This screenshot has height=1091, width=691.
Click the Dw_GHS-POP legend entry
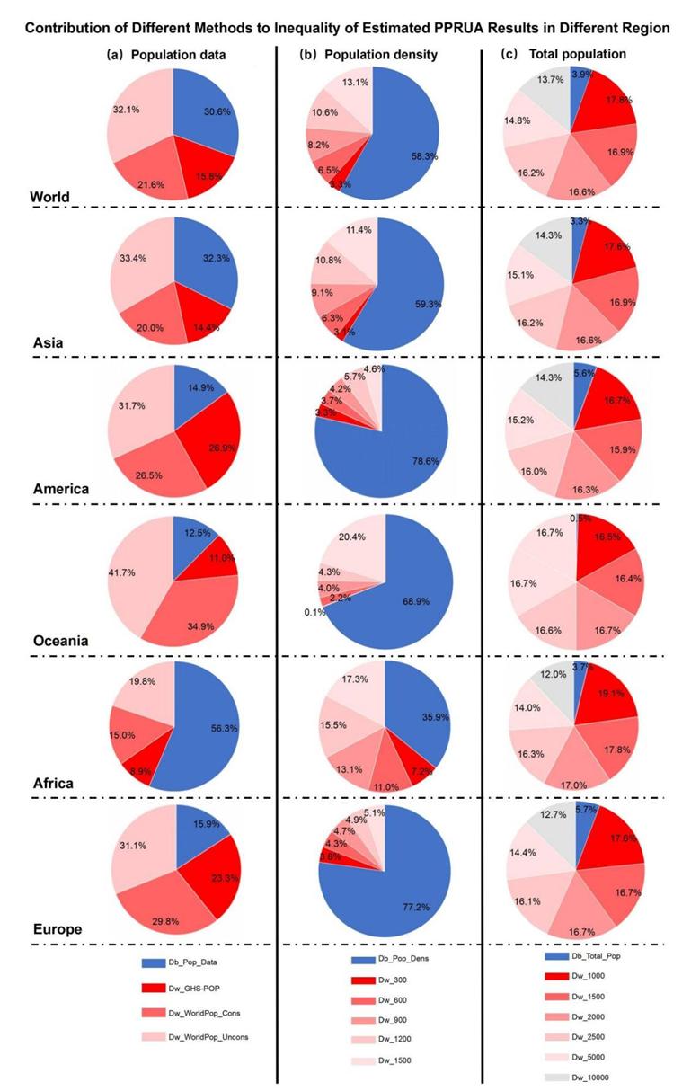tap(209, 988)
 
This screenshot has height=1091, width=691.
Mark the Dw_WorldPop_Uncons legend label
tap(221, 1037)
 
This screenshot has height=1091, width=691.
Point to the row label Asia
tap(46, 342)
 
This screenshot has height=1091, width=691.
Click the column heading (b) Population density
tap(368, 55)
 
